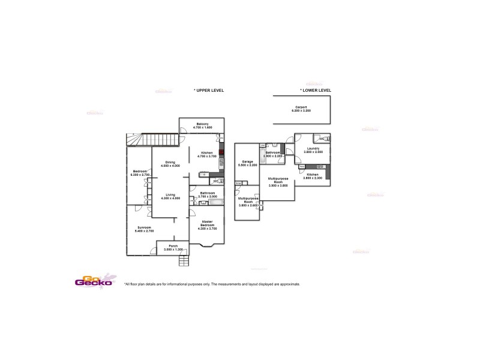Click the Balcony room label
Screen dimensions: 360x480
click(x=201, y=124)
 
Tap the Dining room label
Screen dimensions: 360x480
click(x=170, y=162)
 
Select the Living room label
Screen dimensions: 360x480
click(x=170, y=195)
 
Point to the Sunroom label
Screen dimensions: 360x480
click(x=144, y=227)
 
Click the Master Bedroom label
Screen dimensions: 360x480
click(x=207, y=223)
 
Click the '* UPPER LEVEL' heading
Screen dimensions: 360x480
click(x=208, y=90)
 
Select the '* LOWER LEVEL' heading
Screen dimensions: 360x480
click(x=316, y=90)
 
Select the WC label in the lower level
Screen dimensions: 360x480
click(x=322, y=139)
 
